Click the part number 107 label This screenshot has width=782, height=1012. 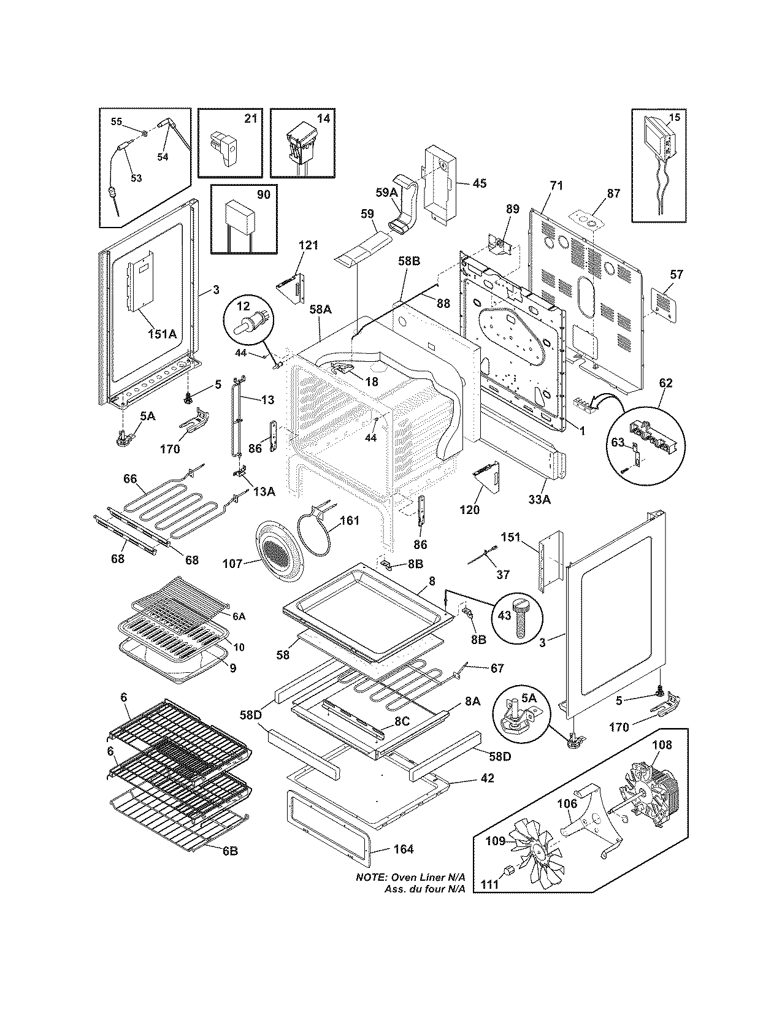232,564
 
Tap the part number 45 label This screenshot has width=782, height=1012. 479,183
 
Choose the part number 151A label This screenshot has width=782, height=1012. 163,334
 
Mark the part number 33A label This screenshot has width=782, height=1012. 539,500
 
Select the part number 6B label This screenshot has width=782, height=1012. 229,851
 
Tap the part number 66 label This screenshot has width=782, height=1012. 131,478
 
